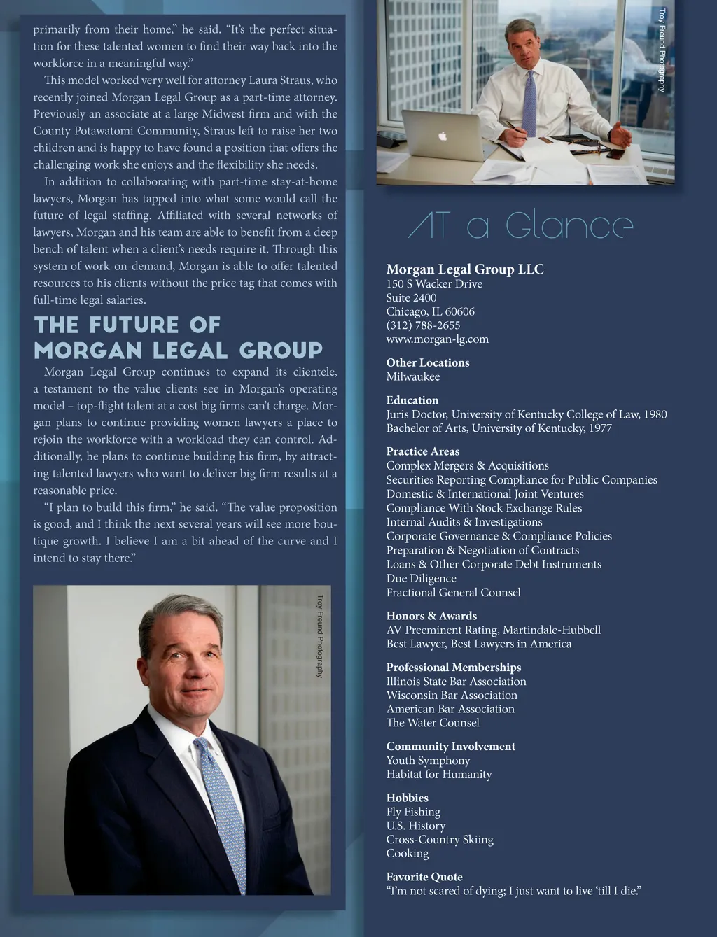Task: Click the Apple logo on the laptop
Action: point(443,136)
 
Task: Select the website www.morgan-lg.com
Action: point(437,339)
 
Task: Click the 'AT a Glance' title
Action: point(520,226)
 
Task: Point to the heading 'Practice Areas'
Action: point(422,451)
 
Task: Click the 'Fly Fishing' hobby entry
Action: point(413,812)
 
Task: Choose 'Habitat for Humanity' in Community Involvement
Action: point(439,774)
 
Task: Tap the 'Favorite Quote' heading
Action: point(424,877)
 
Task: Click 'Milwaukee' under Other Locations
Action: point(412,376)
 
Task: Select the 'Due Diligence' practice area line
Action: point(421,578)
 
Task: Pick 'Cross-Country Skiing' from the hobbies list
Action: point(440,839)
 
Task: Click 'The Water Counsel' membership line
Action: point(433,723)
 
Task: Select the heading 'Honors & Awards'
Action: point(431,616)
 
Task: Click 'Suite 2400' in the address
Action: point(411,297)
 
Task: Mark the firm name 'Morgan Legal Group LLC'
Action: point(465,269)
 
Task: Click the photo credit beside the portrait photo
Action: point(320,636)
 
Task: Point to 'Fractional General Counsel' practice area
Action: point(453,592)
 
